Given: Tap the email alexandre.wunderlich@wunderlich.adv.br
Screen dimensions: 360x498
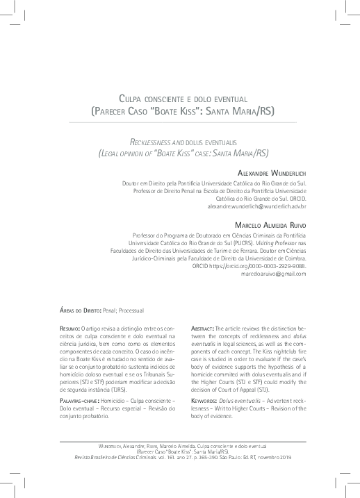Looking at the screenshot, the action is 256,207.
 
